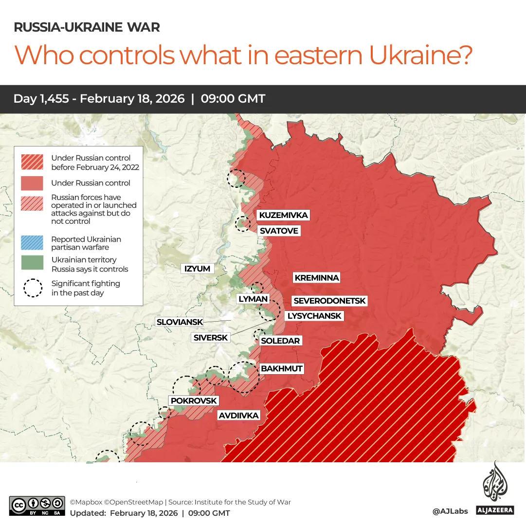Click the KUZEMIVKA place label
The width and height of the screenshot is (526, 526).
pos(283,215)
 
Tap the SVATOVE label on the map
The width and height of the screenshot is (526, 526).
pos(278,231)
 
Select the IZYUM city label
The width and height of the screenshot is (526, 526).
pos(197,269)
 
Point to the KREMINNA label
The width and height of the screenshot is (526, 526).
pos(316,278)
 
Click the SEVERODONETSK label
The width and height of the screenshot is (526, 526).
pos(329,301)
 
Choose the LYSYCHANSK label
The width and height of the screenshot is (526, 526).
pos(314,316)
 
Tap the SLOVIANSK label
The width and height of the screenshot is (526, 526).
pos(179,322)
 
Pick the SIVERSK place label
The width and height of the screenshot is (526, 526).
pos(210,337)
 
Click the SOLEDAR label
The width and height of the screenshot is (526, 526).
pos(280,341)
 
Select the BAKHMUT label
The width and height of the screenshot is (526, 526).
pos(282,368)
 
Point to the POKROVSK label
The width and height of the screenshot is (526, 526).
pos(194,400)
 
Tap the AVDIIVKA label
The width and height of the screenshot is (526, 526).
pos(238,416)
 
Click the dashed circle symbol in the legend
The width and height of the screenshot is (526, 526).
pos(33,288)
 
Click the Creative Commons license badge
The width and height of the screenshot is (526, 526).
pos(37,506)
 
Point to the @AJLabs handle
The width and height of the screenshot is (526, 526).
pos(450,511)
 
